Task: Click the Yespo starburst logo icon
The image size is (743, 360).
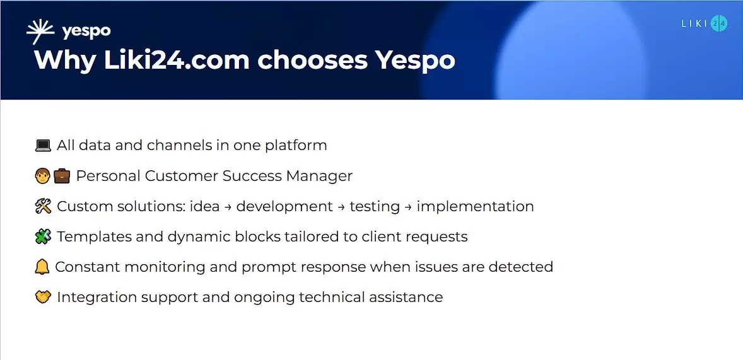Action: (x=42, y=32)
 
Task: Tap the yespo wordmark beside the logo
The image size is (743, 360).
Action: (x=86, y=32)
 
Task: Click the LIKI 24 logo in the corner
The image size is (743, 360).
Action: (x=704, y=24)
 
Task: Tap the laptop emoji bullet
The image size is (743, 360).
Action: (x=43, y=146)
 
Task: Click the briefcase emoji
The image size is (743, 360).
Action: (x=62, y=176)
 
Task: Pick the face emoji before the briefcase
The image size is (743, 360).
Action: (x=42, y=176)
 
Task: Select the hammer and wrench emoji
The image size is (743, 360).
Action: (x=43, y=206)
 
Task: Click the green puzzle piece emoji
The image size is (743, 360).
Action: (x=43, y=236)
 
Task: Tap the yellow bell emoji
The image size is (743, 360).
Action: (x=42, y=267)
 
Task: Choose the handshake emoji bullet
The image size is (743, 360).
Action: (x=43, y=297)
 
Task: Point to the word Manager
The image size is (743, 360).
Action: (x=319, y=176)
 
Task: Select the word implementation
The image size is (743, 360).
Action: (x=475, y=206)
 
